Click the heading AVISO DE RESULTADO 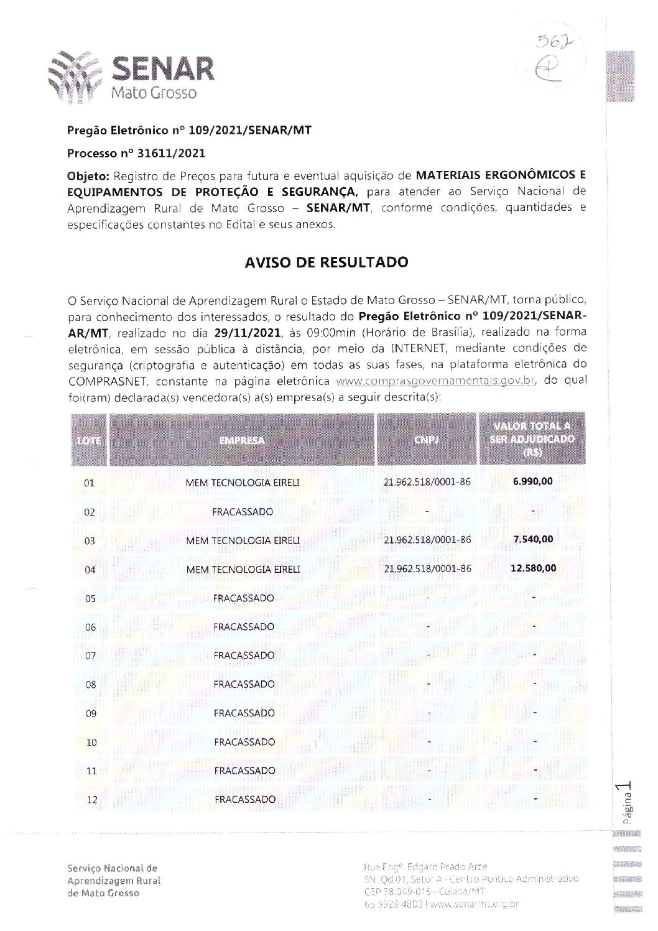(x=327, y=262)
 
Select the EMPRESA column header (x=242, y=440)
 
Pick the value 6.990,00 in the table (x=532, y=481)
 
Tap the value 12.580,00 (x=533, y=568)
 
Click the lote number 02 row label (x=90, y=512)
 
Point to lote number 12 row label (x=91, y=800)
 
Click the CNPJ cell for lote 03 (x=428, y=540)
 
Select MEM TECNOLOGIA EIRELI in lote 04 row (x=243, y=569)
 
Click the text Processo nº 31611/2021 (x=136, y=153)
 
